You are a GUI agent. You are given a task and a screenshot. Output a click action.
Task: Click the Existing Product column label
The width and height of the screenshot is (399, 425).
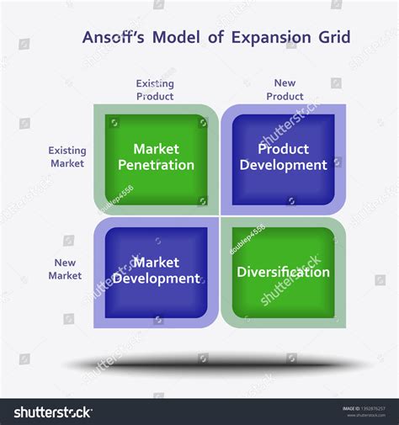[155, 90]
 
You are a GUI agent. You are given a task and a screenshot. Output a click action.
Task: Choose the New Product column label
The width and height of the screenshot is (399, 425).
[285, 90]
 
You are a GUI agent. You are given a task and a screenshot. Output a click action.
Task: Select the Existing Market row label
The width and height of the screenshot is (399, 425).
[67, 157]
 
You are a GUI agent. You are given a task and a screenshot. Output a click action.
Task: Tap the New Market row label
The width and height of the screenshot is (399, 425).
[65, 269]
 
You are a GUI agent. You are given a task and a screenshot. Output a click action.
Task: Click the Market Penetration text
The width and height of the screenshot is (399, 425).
[156, 157]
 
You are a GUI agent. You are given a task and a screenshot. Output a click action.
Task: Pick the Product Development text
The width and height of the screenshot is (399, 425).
[283, 157]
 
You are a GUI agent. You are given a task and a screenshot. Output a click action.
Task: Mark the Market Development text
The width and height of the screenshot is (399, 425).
[156, 271]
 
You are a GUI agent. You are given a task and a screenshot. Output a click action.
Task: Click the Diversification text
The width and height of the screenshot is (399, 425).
[283, 273]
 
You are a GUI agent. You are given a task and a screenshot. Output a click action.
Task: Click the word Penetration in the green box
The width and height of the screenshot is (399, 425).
[156, 166]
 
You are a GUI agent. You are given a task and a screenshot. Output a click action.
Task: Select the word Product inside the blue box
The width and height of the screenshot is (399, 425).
[283, 149]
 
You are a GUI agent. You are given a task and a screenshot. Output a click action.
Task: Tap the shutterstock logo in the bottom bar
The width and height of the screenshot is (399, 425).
[52, 412]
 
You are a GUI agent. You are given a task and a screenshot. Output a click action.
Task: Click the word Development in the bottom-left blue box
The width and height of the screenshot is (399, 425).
[156, 279]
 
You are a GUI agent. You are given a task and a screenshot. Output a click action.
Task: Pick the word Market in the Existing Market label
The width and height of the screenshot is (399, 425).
[67, 163]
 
